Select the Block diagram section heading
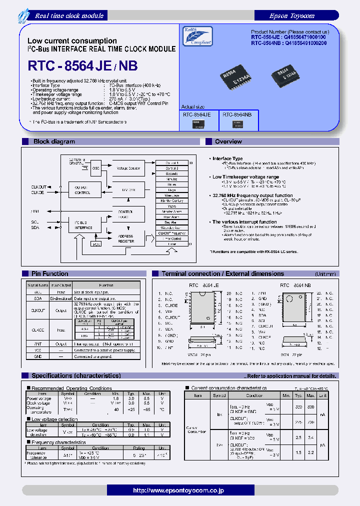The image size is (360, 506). pyautogui.click(x=54, y=142)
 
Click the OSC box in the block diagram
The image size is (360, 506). pyautogui.click(x=95, y=168)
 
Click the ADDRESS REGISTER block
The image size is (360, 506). pyautogui.click(x=126, y=238)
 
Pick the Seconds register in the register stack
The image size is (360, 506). pyautogui.click(x=171, y=173)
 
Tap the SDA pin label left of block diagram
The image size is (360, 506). pyautogui.click(x=35, y=227)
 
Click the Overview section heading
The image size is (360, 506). pyautogui.click(x=228, y=142)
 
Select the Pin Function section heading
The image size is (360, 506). pyautogui.click(x=49, y=273)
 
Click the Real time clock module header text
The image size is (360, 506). pyautogui.click(x=69, y=15)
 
